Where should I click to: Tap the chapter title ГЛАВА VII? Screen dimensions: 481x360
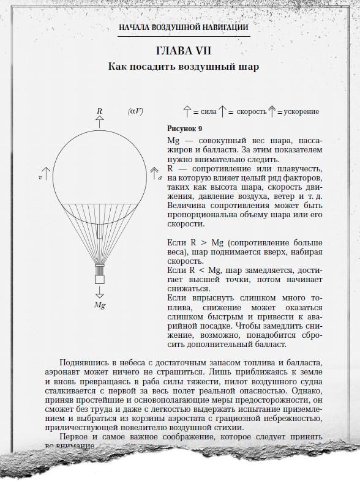click(x=183, y=50)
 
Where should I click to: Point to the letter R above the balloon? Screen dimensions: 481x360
click(x=99, y=111)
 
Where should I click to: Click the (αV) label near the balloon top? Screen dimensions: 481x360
click(x=135, y=111)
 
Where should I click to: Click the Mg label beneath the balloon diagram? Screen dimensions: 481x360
click(x=99, y=304)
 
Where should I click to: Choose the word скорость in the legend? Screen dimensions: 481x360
click(x=252, y=112)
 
